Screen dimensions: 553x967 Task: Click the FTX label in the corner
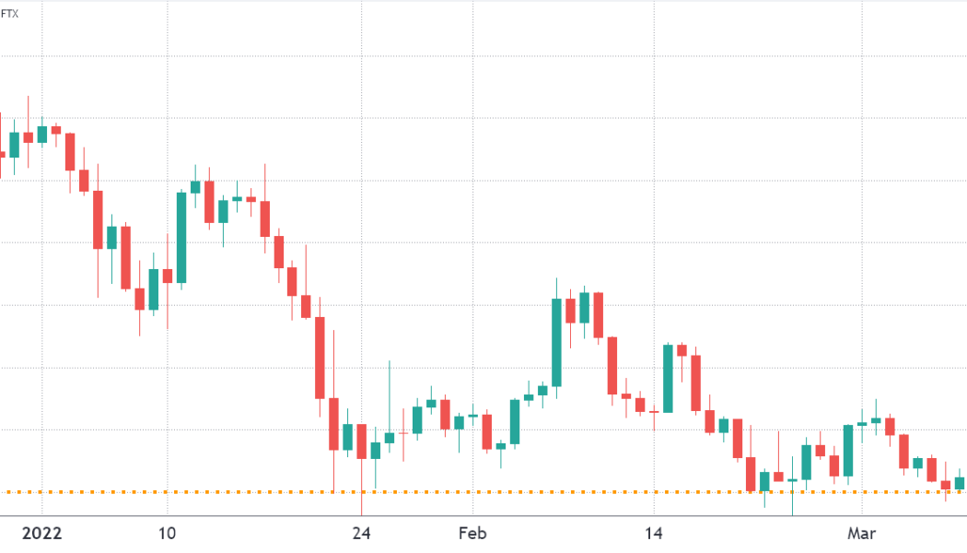(x=9, y=14)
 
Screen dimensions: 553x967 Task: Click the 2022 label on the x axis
(x=41, y=533)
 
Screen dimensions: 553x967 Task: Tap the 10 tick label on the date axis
(x=167, y=533)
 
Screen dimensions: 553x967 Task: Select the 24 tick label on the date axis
(x=362, y=533)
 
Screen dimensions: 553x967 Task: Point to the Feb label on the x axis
(x=472, y=533)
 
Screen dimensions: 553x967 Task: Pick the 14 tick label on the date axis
(x=653, y=533)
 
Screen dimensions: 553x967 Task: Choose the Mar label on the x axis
(x=861, y=533)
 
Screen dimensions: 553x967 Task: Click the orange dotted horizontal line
(x=553, y=492)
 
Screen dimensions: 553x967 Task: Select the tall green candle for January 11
(x=181, y=237)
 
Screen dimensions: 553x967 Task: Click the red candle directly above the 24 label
(x=362, y=441)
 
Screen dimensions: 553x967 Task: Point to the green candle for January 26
(x=390, y=437)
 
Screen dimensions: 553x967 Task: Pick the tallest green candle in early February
(x=556, y=342)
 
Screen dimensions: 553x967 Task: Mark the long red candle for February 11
(x=612, y=366)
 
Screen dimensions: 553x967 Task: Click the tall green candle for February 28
(x=847, y=450)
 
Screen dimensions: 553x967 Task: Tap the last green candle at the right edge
(x=960, y=483)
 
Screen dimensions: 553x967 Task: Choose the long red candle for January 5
(x=98, y=219)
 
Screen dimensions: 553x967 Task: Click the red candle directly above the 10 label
(x=167, y=276)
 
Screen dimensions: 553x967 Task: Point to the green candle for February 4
(x=514, y=422)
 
